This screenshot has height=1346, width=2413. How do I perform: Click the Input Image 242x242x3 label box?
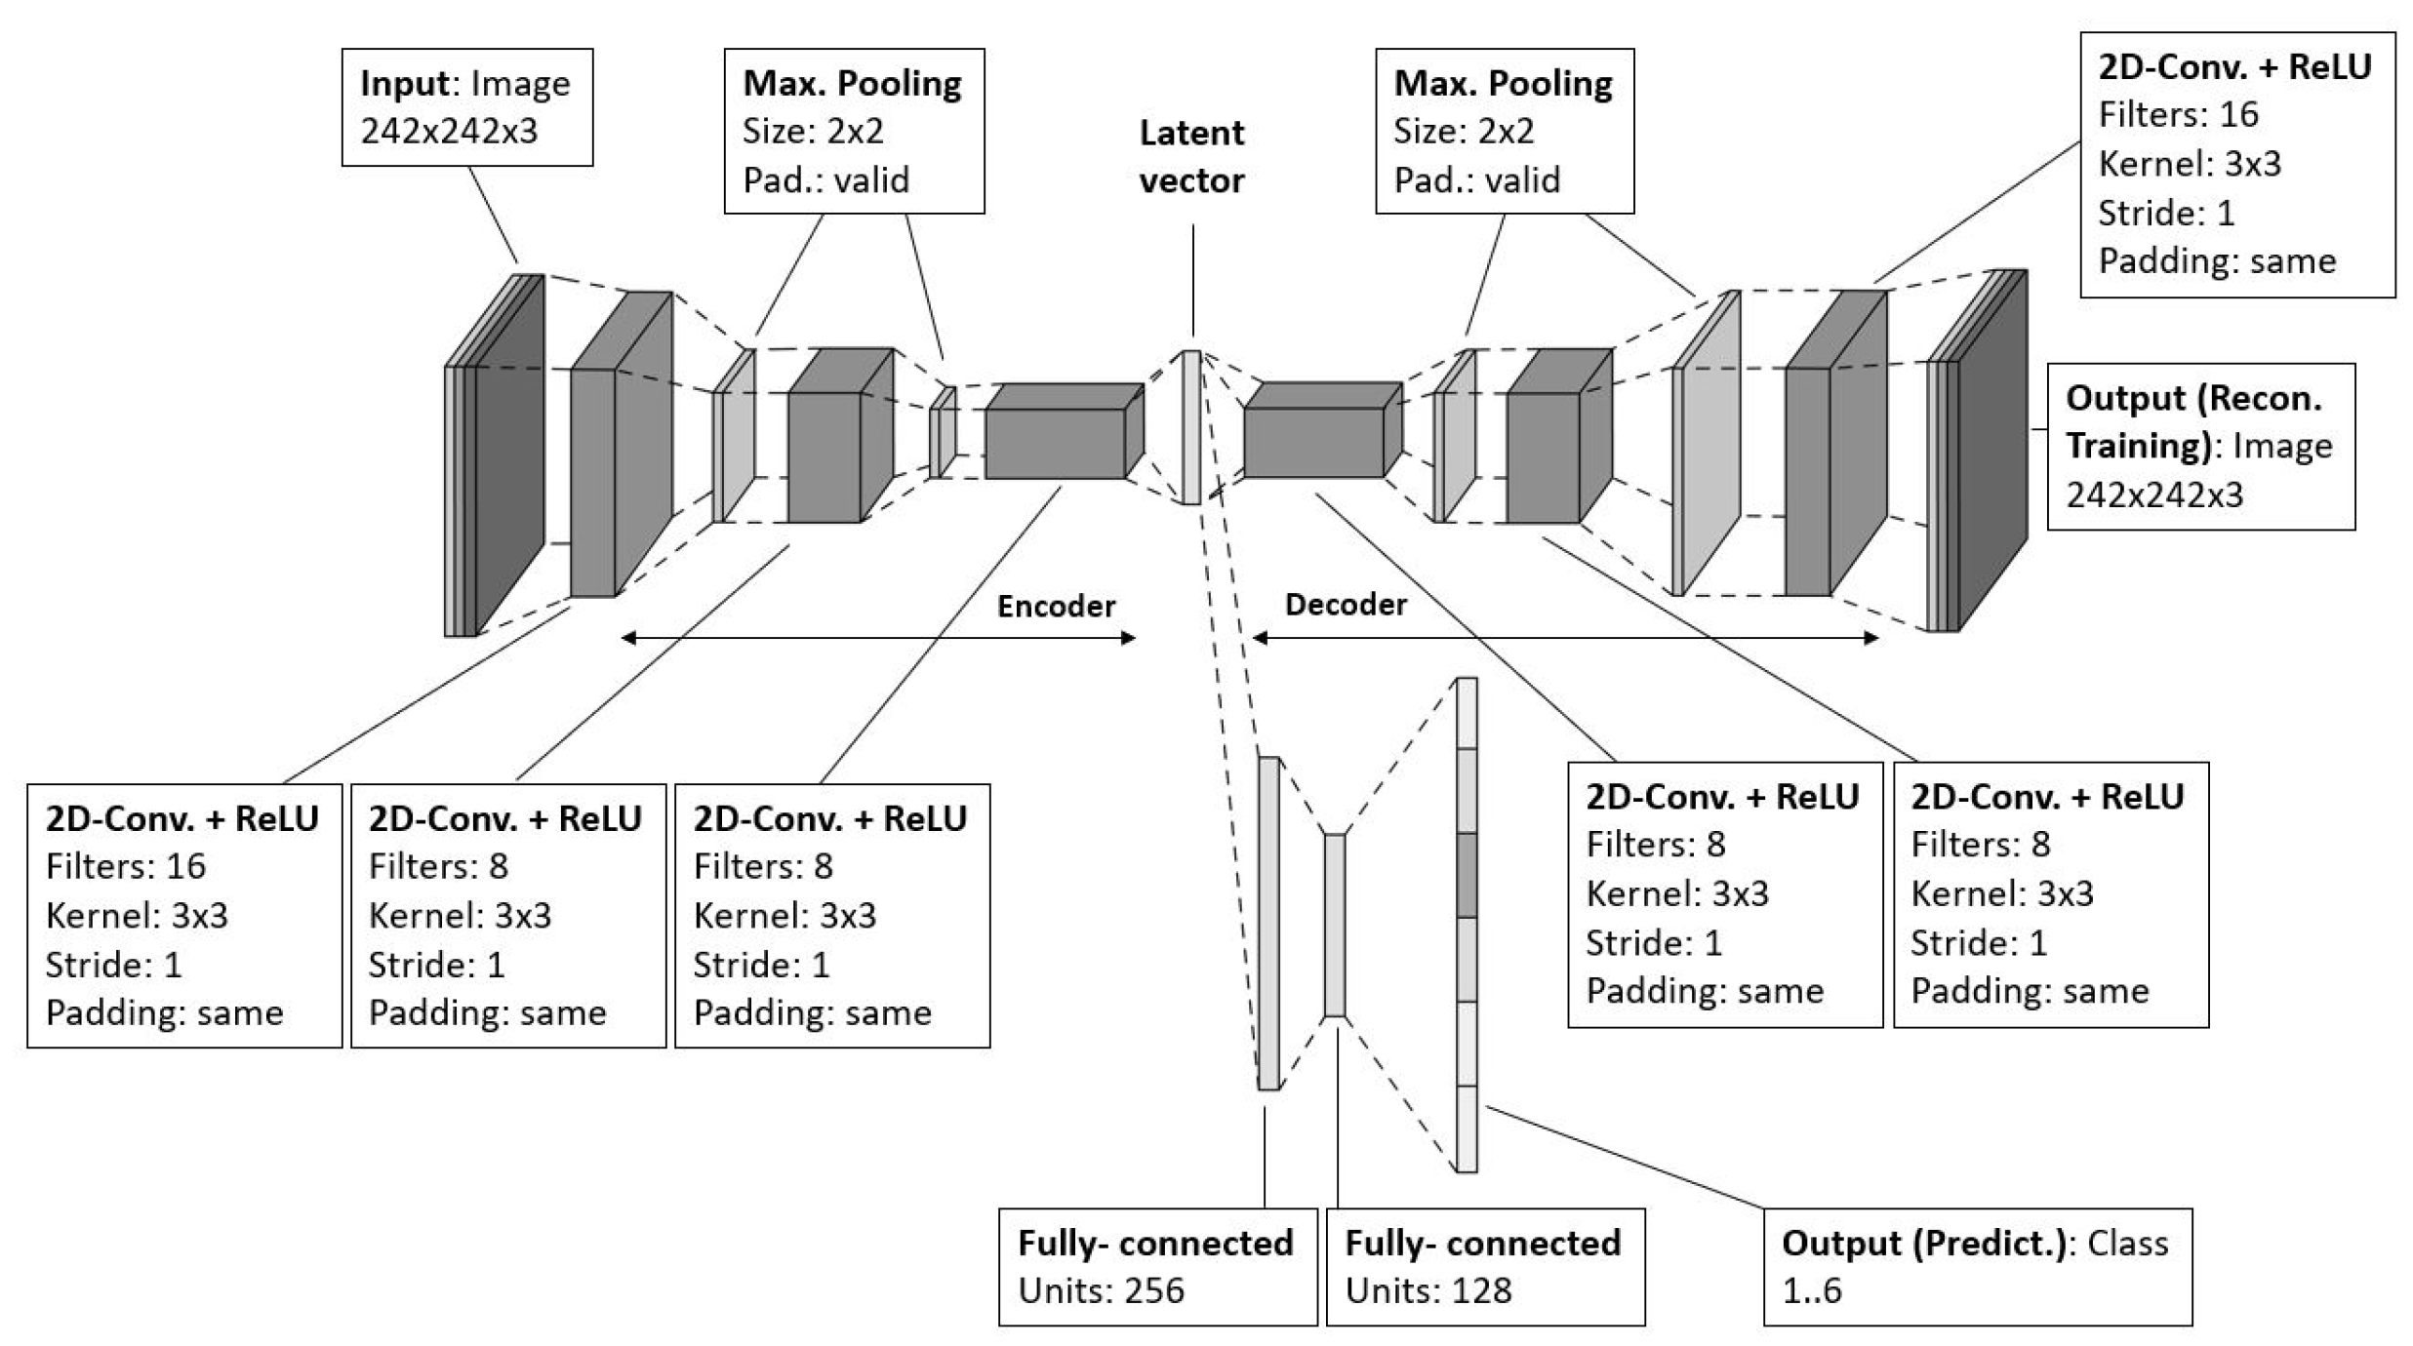point(467,107)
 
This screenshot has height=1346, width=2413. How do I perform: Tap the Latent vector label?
point(1191,156)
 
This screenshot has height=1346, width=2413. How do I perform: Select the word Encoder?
point(1056,606)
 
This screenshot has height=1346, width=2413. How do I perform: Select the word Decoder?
point(1346,605)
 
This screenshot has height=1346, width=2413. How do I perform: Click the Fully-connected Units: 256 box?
point(1157,1267)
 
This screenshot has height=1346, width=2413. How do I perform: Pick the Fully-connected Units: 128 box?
point(1485,1267)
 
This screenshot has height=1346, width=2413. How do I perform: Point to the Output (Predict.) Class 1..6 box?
point(1978,1267)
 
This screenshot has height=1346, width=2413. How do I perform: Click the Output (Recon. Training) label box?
point(2201,447)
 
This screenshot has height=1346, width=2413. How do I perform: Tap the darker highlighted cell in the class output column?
point(1467,875)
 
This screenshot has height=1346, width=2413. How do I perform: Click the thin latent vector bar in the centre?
point(1191,427)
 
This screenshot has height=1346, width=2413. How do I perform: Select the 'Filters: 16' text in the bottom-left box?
point(126,866)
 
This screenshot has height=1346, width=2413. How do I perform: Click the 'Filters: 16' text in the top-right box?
point(2179,115)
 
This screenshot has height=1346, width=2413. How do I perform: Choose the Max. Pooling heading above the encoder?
point(853,84)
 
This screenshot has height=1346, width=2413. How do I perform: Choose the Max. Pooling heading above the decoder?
point(1504,84)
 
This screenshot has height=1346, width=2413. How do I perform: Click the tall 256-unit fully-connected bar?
point(1268,923)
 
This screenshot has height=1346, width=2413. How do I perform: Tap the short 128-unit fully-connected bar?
point(1335,925)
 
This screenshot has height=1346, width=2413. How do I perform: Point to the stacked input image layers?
point(494,455)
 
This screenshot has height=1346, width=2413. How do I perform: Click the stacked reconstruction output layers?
point(1977,451)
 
